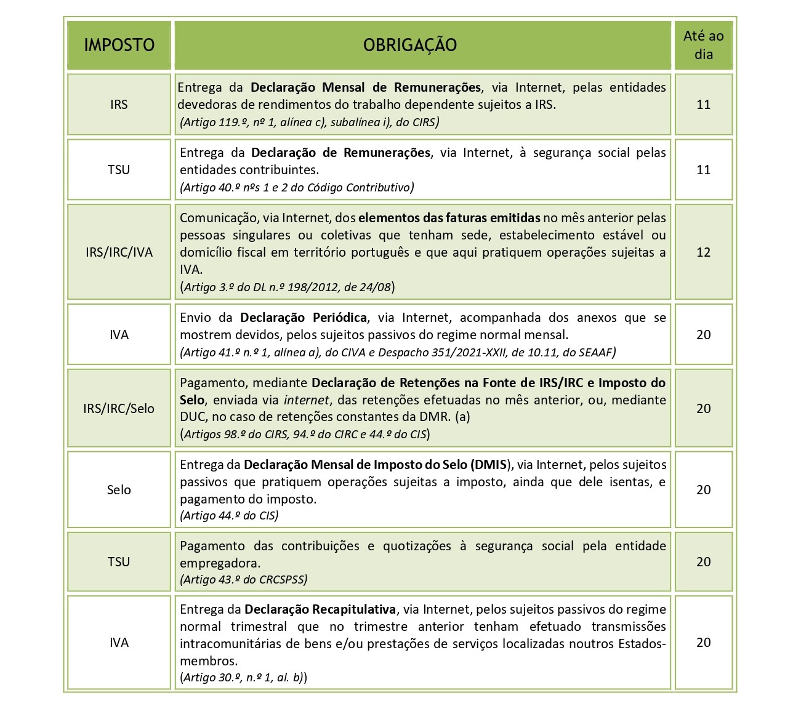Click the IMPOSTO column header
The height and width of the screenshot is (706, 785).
coord(119,45)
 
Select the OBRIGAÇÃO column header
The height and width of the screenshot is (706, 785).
coord(409,45)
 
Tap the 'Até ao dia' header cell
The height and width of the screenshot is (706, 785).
coord(703,45)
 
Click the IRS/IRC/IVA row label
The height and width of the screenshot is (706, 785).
coord(119,252)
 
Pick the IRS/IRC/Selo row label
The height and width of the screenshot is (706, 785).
coord(119,409)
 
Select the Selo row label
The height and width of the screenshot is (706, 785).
coord(119,490)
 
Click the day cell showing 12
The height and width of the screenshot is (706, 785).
coord(703,252)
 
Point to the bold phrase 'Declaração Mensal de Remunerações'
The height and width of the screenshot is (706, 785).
coord(366,87)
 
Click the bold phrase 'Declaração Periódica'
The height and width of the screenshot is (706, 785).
coord(304,318)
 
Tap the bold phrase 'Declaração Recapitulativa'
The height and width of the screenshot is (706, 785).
coord(320,609)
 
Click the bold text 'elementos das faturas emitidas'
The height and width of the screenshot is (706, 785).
coord(449,218)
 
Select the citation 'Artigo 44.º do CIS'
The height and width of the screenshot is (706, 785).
coord(229,516)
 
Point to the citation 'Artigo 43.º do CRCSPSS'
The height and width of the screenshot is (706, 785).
coord(243,579)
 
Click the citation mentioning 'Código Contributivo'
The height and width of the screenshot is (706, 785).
coord(297,187)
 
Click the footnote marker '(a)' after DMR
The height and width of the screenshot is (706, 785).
coord(461,417)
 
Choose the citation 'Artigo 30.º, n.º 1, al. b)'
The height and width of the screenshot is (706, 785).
coord(243,678)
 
